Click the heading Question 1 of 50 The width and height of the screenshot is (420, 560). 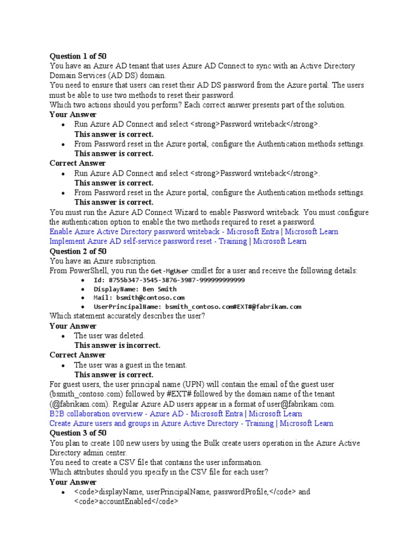click(x=78, y=56)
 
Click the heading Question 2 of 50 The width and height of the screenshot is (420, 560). click(x=78, y=251)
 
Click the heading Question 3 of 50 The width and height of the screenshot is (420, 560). click(x=78, y=433)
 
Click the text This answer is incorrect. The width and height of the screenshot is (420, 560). click(x=117, y=345)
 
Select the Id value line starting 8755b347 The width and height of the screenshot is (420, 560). click(x=169, y=280)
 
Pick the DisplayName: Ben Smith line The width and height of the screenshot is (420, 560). click(x=135, y=289)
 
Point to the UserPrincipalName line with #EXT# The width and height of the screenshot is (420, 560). click(x=197, y=307)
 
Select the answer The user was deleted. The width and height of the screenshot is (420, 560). click(x=109, y=335)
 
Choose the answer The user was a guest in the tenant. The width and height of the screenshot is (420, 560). click(x=130, y=365)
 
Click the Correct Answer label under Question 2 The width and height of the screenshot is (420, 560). click(x=78, y=355)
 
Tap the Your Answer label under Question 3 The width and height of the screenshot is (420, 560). click(x=73, y=482)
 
